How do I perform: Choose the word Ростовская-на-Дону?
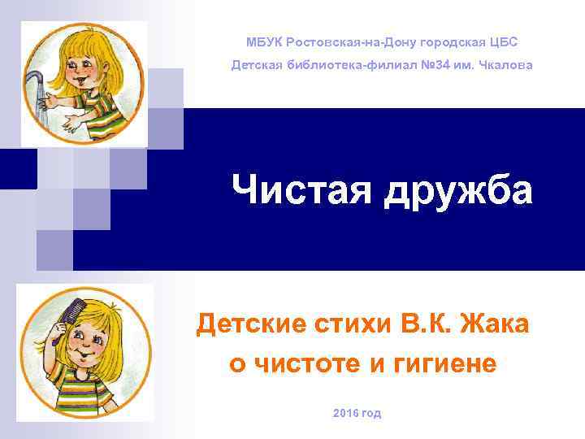click(344, 41)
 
